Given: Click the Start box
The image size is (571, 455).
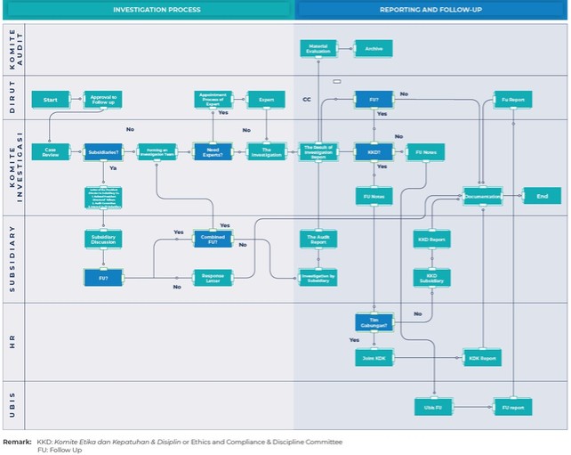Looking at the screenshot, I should click(x=50, y=100).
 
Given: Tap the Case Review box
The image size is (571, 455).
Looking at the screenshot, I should click(x=50, y=152).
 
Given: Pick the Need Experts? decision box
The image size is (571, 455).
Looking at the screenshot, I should click(x=213, y=152).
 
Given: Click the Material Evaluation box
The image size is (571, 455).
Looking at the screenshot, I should click(x=318, y=48).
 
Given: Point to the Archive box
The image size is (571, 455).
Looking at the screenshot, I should click(x=374, y=48).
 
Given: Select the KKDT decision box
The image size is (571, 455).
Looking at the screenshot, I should click(x=374, y=152).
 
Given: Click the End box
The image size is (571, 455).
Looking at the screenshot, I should click(x=542, y=196).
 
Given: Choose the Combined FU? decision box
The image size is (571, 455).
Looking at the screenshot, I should click(x=213, y=238).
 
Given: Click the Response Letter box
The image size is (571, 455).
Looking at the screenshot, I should click(x=213, y=278).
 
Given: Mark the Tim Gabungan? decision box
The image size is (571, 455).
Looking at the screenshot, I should click(x=374, y=321).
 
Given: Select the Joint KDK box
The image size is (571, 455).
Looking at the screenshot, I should click(x=374, y=358).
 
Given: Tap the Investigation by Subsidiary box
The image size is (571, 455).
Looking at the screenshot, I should click(x=318, y=278).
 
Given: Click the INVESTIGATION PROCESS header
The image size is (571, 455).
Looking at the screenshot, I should click(x=157, y=10).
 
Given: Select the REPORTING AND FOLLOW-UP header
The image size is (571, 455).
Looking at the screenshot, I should click(x=430, y=10).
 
